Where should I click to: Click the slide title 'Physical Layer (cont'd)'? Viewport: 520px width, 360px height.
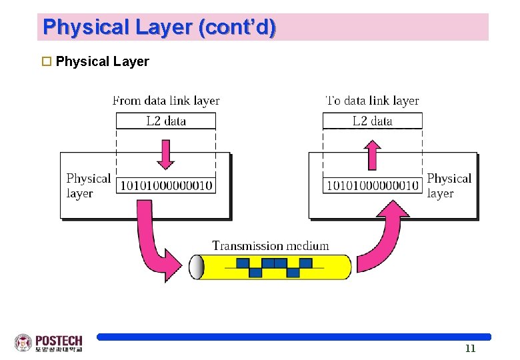coord(159,27)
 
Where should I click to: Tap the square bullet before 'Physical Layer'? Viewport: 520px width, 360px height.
coord(47,62)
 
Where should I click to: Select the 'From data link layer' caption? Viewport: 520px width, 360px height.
coord(166,101)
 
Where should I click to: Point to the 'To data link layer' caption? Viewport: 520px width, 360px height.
coord(372,101)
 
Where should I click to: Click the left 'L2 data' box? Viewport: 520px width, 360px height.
coord(166,121)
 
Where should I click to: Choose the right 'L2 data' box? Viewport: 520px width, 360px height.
coord(372,121)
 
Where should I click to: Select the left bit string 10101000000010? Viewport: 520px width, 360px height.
coord(166,185)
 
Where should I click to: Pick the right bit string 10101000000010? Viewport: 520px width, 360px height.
coord(372,185)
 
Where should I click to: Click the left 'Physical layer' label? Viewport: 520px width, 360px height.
coord(88,186)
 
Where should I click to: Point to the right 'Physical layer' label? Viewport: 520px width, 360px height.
coord(449,186)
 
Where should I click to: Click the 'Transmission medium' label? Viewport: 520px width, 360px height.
coord(270,245)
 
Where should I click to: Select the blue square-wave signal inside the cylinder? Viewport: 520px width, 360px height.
coord(274,267)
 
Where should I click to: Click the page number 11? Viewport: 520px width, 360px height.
coord(470,349)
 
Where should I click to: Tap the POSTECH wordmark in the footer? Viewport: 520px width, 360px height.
coord(59,341)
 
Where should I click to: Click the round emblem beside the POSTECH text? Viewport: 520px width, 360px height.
coord(23,343)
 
